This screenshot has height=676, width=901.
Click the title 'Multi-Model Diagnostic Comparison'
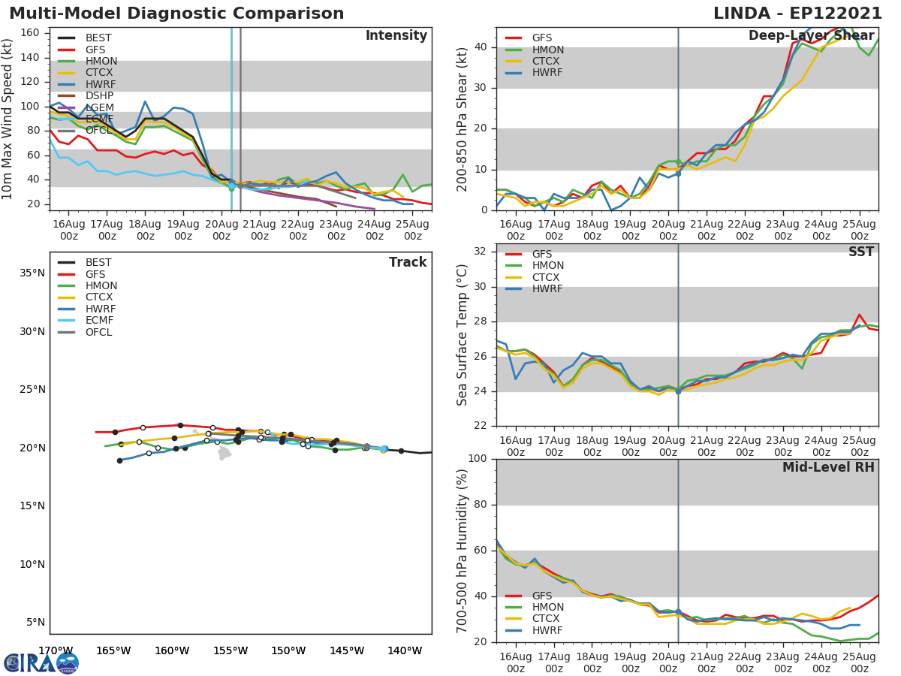pos(176,14)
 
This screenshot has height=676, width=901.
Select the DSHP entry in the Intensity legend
pos(99,96)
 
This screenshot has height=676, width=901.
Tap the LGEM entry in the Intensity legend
pos(99,107)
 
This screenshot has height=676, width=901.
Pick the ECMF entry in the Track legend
pos(99,320)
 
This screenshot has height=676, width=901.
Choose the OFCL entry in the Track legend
pos(99,332)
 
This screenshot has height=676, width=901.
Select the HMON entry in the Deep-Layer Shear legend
pos(548,50)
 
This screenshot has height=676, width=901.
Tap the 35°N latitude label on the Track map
pos(32,273)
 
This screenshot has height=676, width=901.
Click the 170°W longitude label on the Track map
pos(56,650)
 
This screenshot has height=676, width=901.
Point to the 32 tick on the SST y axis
pos(481,252)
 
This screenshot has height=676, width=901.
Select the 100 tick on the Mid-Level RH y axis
pos(478,459)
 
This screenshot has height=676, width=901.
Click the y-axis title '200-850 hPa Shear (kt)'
pos(462,119)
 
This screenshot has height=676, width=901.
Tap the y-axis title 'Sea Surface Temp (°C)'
pos(462,334)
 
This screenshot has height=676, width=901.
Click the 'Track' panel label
pos(407,262)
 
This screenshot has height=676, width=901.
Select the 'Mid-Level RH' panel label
pos(828,467)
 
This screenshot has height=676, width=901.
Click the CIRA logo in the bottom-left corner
pos(41,662)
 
